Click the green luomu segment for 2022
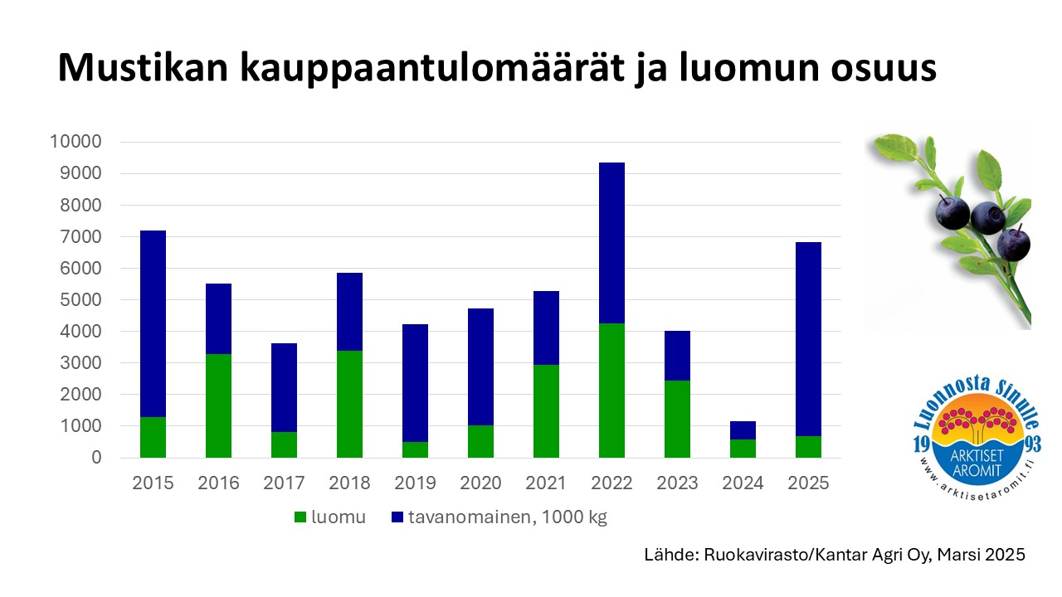click(x=611, y=390)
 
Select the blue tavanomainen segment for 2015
click(x=153, y=323)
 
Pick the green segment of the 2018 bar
click(x=349, y=404)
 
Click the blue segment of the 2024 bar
click(x=743, y=430)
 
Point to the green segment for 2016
click(x=218, y=405)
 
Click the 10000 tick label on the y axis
click(x=76, y=142)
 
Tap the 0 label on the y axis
click(x=96, y=458)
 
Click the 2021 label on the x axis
click(x=546, y=483)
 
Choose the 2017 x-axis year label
click(x=284, y=483)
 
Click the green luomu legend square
click(x=300, y=517)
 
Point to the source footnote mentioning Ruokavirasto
click(x=835, y=555)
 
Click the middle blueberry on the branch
click(x=987, y=217)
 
